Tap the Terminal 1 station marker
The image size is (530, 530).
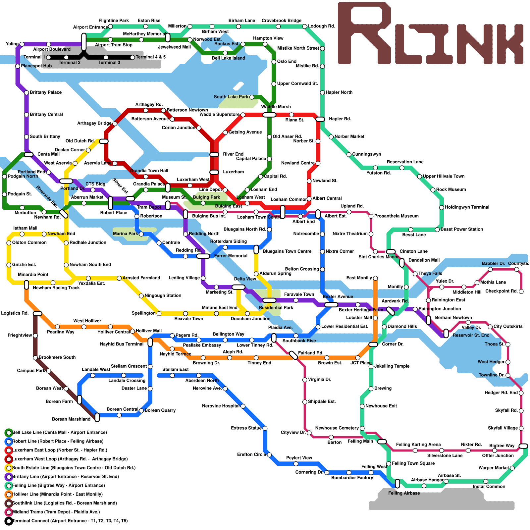(49, 57)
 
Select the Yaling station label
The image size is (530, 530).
(12, 44)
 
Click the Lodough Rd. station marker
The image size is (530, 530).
(305, 26)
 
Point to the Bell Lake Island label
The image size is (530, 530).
(229, 58)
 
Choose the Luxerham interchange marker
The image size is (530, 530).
(214, 172)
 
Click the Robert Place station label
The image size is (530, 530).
(114, 213)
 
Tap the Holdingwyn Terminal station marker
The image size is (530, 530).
(442, 208)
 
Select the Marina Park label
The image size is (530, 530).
(125, 234)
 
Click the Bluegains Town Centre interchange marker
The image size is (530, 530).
(256, 249)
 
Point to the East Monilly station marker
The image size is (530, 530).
(375, 278)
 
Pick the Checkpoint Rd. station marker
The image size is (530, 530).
(521, 291)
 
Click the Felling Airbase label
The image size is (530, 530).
(404, 493)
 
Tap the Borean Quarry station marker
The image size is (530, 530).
(141, 411)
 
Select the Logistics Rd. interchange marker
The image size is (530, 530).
(37, 314)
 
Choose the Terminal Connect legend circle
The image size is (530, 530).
(9, 521)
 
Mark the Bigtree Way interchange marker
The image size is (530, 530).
(523, 446)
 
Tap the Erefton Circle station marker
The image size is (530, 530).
(269, 455)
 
